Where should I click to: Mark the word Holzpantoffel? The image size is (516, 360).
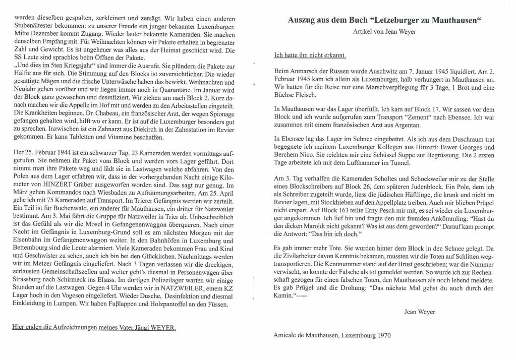click(173, 304)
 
